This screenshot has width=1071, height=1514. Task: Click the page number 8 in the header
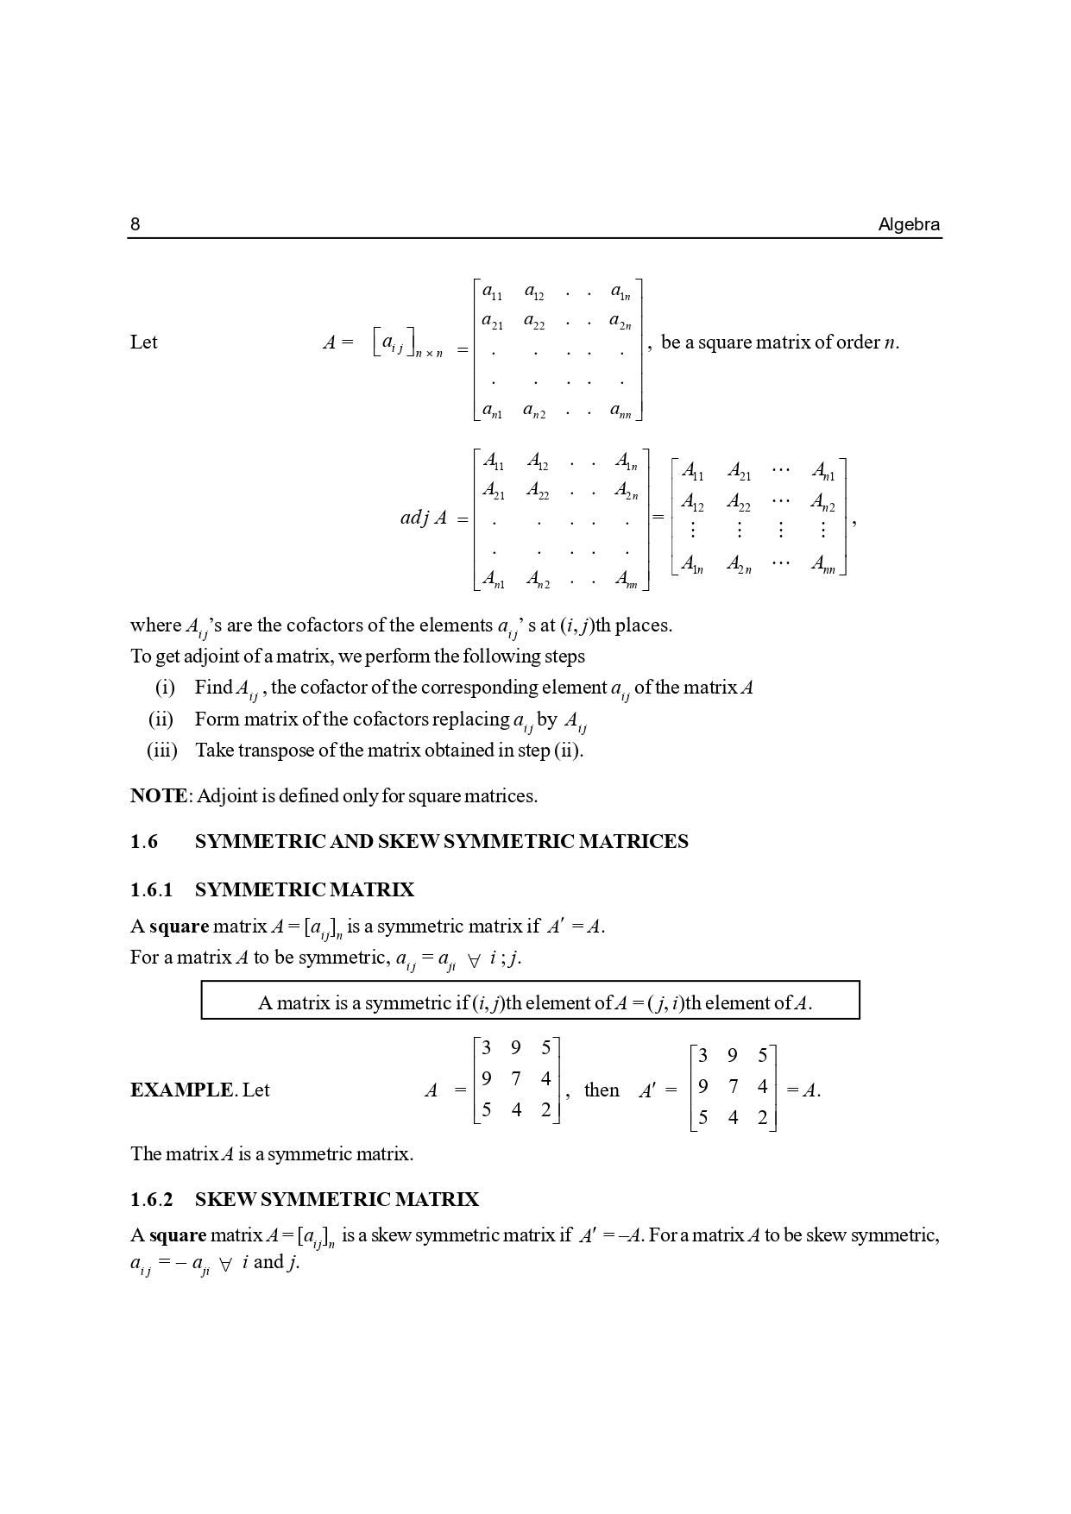135,225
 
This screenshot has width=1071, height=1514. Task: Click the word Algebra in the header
909,225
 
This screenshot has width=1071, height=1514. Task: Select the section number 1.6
144,842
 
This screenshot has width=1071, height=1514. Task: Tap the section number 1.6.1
152,890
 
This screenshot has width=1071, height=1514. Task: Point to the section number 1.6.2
152,1200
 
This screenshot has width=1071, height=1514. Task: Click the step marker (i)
165,688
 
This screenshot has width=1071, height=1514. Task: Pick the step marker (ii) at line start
161,719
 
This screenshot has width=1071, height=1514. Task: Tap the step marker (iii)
162,751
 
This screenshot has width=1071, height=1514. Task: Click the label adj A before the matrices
424,518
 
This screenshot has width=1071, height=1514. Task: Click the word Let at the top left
144,342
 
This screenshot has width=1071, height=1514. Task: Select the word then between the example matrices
602,1090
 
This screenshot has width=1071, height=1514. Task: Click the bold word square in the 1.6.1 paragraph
179,927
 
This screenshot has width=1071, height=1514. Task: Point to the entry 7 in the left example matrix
516,1079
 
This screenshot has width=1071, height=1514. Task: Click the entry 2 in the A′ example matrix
762,1118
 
